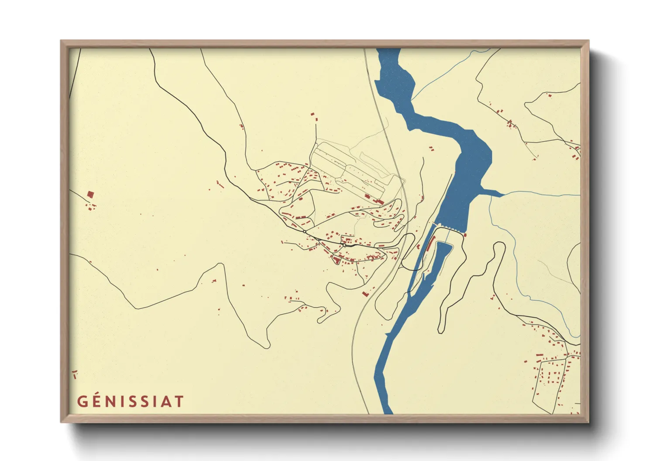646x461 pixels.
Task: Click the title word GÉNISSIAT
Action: click(x=131, y=401)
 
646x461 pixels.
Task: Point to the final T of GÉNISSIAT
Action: click(x=179, y=401)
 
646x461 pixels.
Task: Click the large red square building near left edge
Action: click(x=91, y=194)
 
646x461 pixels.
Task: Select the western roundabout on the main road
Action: click(x=304, y=231)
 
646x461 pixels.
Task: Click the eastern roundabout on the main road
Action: click(x=344, y=245)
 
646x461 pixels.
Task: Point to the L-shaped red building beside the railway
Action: click(x=366, y=294)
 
